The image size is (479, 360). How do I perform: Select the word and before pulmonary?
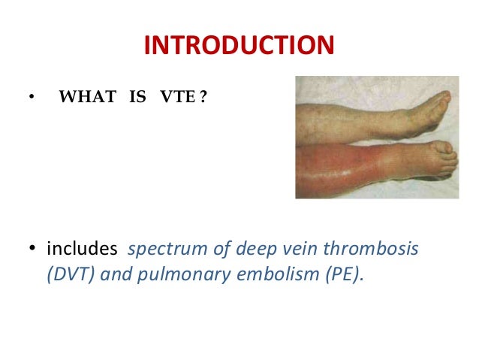[x=117, y=274]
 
